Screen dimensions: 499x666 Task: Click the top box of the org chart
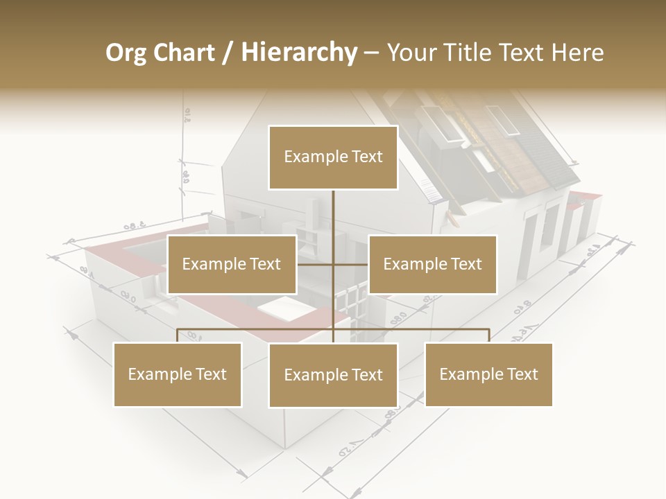tap(333, 157)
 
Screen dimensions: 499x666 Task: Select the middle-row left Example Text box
tap(232, 264)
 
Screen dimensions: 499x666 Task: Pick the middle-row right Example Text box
tap(432, 264)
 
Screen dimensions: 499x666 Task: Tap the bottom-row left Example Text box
tap(178, 374)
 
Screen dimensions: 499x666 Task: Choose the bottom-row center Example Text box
tap(333, 375)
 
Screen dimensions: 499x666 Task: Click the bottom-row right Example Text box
tap(488, 374)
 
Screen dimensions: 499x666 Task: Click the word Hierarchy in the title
tap(299, 52)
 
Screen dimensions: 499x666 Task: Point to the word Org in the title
tap(126, 53)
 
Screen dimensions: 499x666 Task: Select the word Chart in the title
tap(183, 53)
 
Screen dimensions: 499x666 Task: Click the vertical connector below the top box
tap(333, 215)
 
